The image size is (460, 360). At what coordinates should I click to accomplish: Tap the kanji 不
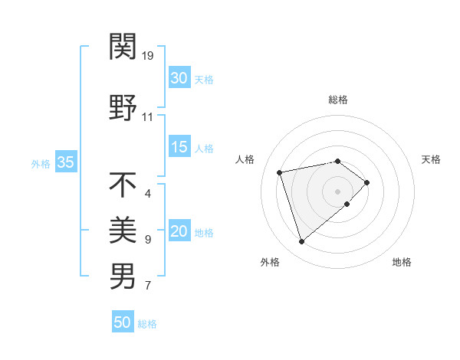(x=123, y=185)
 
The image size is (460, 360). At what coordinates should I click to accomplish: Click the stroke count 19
(x=149, y=56)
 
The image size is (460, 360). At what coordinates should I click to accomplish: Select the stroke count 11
(x=148, y=117)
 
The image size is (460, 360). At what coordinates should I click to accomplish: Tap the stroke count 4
(x=148, y=193)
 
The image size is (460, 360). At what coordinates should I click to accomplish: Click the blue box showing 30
(x=179, y=78)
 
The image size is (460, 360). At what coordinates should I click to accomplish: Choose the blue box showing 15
(x=179, y=147)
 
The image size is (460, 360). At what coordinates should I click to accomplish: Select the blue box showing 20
(x=179, y=231)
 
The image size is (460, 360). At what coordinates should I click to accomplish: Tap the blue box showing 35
(x=65, y=162)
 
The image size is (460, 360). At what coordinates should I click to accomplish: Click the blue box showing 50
(x=123, y=322)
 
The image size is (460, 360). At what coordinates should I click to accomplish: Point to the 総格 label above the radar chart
(x=338, y=100)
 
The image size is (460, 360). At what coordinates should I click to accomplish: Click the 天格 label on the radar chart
(x=431, y=159)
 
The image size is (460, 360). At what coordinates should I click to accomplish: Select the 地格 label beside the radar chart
(x=402, y=262)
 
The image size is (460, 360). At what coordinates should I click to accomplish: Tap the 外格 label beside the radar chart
(x=270, y=262)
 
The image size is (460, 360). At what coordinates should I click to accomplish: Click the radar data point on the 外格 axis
(x=301, y=242)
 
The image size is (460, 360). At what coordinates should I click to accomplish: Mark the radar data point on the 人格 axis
(x=280, y=172)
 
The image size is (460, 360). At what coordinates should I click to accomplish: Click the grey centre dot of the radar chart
(x=337, y=191)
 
